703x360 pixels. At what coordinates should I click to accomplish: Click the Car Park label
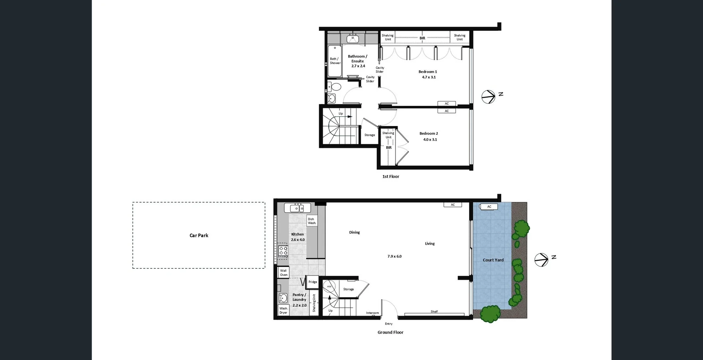tap(199, 235)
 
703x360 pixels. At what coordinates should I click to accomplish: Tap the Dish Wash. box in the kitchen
tap(312, 221)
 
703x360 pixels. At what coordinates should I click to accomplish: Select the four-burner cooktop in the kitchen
tap(283, 251)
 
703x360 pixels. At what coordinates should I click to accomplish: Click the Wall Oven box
tap(283, 272)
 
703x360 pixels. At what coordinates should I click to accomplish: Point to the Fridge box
tap(313, 282)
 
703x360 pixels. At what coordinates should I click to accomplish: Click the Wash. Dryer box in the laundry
tap(283, 310)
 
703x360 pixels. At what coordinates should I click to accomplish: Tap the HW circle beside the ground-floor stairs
tap(329, 286)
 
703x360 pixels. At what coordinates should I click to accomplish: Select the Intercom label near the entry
tap(372, 313)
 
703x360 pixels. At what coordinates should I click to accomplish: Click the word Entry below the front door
tap(388, 324)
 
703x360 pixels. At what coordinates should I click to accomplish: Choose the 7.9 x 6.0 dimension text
tap(394, 256)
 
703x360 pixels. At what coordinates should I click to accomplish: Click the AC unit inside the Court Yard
tap(489, 207)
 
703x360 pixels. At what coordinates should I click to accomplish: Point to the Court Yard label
tap(493, 260)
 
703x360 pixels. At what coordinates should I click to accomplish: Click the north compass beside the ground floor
tap(542, 260)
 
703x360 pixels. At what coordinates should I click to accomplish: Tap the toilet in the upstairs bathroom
tap(335, 87)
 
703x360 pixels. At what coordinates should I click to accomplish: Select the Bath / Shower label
tap(335, 61)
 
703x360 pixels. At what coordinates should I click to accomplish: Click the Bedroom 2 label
tap(428, 134)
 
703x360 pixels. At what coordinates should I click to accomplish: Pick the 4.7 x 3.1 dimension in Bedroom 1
tap(429, 77)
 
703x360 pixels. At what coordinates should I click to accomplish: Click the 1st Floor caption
tap(391, 177)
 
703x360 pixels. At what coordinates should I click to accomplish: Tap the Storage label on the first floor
tap(369, 135)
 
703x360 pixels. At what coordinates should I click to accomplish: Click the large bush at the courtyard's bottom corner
tap(490, 314)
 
